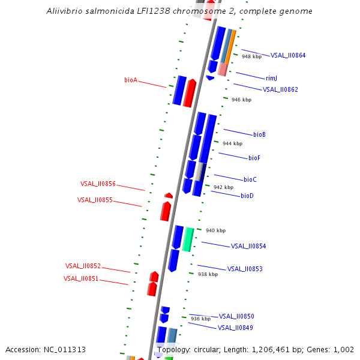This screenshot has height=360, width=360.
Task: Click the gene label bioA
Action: pos(131,80)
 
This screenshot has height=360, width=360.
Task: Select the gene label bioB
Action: pos(259,134)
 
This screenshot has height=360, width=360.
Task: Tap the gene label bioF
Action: pos(254,158)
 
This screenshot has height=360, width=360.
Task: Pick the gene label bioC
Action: pos(250,179)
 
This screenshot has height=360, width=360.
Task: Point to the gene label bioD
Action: pos(247,196)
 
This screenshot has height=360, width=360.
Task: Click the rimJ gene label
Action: pos(271,78)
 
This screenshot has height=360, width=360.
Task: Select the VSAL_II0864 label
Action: pos(288,55)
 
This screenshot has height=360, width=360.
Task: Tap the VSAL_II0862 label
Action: pos(280,89)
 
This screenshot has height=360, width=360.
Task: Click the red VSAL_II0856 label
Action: pos(98,184)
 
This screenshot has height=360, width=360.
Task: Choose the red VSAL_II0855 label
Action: pos(95,200)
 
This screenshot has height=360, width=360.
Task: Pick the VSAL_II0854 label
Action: pos(248,246)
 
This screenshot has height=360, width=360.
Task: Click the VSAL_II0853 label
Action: pos(245,269)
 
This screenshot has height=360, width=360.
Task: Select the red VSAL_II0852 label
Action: pos(83,266)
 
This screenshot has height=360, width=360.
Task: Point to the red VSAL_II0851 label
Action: pos(81,278)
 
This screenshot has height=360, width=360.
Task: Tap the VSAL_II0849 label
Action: pos(235,328)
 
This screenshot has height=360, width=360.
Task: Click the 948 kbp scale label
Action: pos(251,56)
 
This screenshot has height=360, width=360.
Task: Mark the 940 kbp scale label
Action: pos(215,230)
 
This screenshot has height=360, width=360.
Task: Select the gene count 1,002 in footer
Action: pos(344,349)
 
